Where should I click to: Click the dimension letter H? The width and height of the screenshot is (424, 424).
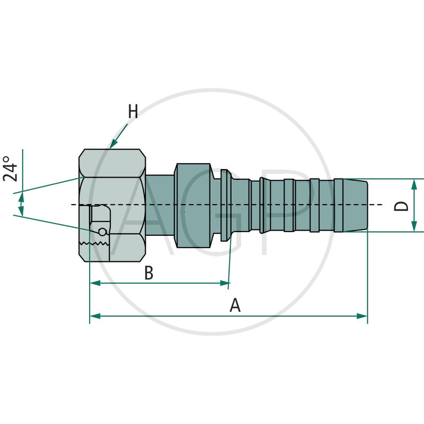pos(132,112)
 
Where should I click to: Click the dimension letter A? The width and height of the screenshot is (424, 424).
pos(235,305)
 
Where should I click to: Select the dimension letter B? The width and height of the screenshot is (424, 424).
pos(149,273)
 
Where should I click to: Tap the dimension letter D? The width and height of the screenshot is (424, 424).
pos(402,206)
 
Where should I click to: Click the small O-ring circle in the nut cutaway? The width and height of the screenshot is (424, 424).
pos(102,231)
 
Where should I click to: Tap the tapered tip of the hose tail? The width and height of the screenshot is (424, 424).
pos(360,205)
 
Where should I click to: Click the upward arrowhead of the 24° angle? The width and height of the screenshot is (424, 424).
pos(21,198)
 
